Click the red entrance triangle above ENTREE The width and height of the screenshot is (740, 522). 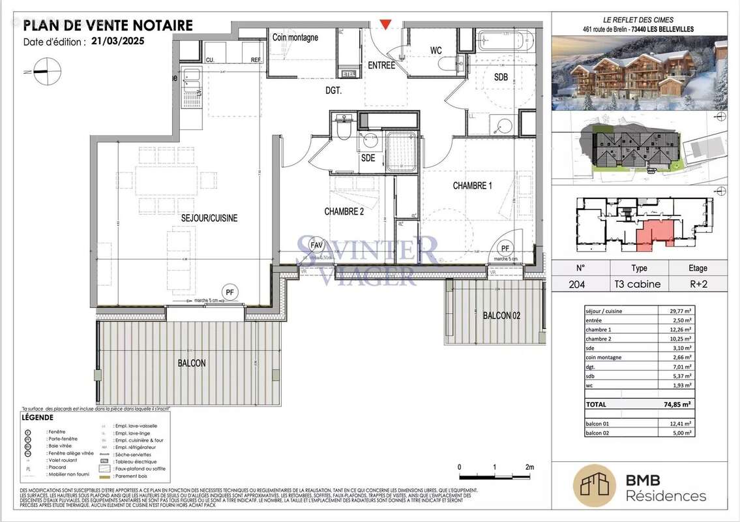pos(387,25)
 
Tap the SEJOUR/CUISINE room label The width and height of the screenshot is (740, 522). pos(209,218)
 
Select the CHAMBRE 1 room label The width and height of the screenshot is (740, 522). pos(472,186)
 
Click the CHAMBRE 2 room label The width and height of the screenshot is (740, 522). pos(344,211)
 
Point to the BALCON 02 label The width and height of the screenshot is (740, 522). pos(502,316)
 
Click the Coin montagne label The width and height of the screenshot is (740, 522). pos(295,38)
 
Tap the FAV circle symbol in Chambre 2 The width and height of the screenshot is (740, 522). pos(317,245)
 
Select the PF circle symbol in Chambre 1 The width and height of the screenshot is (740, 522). pos(505,248)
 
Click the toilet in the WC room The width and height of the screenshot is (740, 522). pos(449,63)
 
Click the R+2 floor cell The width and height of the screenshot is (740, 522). pos(698,284)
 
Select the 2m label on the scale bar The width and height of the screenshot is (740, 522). pos(529,467)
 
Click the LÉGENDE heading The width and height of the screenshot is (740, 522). pos(38,417)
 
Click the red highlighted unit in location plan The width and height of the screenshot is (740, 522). pos(651,234)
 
